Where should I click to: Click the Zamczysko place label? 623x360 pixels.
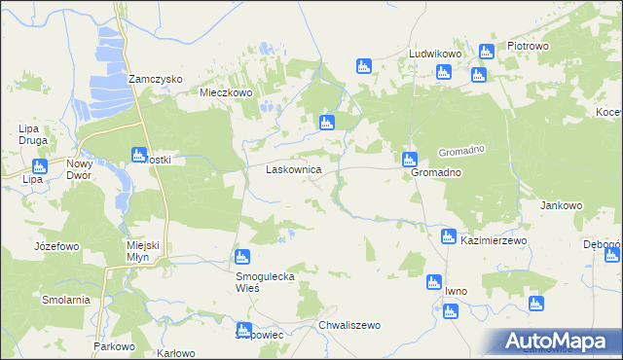click(157, 80)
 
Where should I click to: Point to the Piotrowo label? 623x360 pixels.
click(529, 47)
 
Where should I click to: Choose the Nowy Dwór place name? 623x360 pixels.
click(79, 170)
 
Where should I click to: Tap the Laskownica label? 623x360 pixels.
click(294, 169)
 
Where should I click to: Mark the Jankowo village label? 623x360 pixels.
click(561, 206)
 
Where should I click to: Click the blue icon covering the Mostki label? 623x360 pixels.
click(138, 155)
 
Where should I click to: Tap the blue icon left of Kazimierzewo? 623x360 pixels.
click(448, 236)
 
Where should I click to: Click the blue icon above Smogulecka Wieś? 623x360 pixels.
click(241, 258)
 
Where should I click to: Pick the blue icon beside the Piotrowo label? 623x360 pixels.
click(487, 52)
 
